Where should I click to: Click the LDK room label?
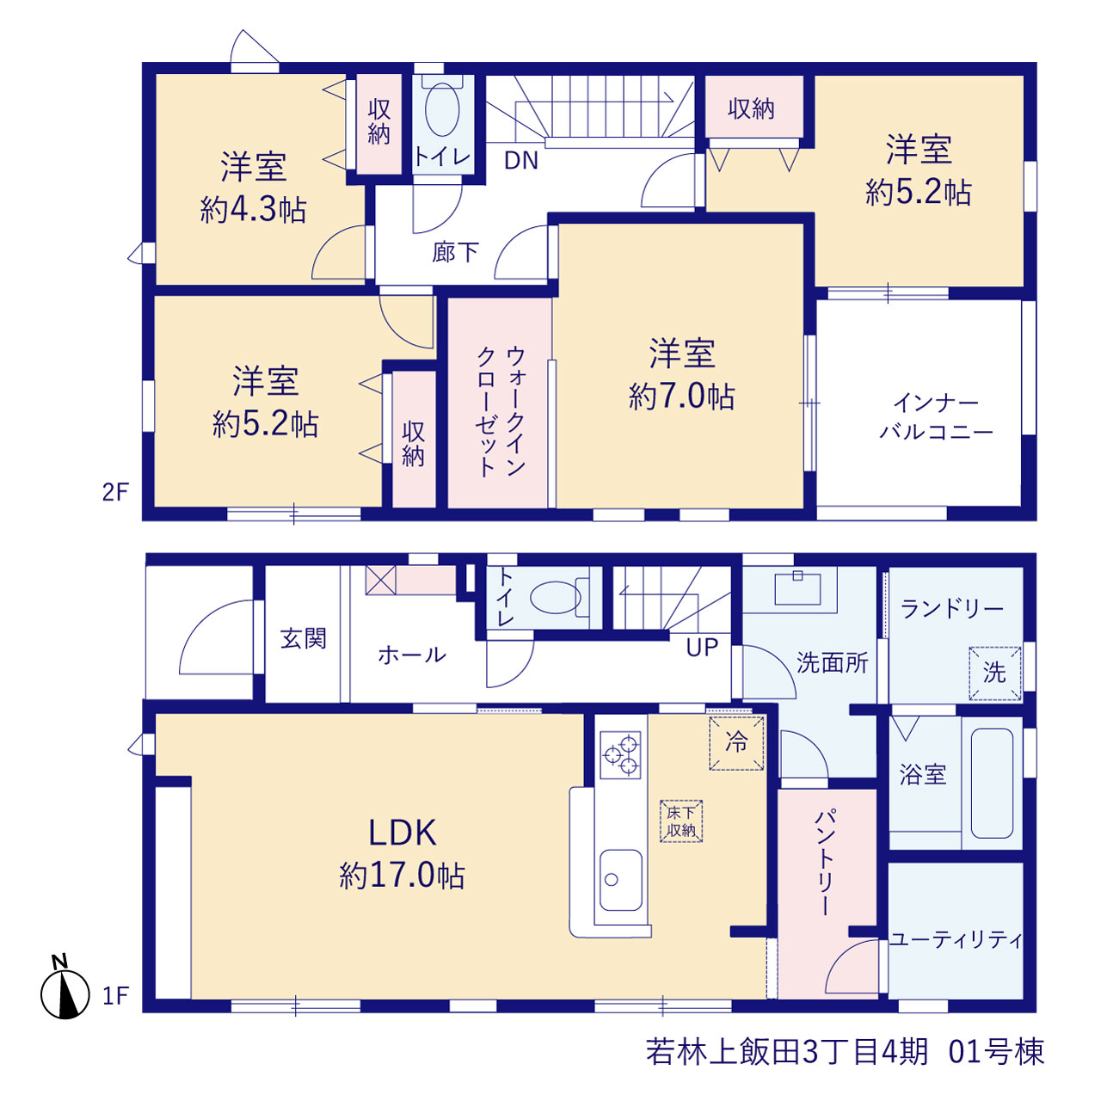tap(403, 833)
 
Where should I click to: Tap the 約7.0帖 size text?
tap(681, 397)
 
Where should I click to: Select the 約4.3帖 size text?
tap(253, 210)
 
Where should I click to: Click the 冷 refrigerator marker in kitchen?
tap(736, 743)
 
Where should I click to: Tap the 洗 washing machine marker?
tap(994, 673)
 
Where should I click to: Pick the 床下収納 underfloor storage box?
tap(681, 821)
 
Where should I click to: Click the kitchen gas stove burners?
tap(620, 754)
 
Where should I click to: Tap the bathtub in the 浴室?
tap(991, 783)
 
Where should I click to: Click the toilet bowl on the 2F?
tap(442, 108)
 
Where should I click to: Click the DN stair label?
tap(521, 161)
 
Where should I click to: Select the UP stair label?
tap(702, 648)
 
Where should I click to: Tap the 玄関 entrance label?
tap(304, 638)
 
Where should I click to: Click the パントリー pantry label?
tap(826, 862)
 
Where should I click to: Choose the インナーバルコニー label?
tap(936, 418)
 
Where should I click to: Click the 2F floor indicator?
tap(115, 492)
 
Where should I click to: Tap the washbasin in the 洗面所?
tap(797, 589)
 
